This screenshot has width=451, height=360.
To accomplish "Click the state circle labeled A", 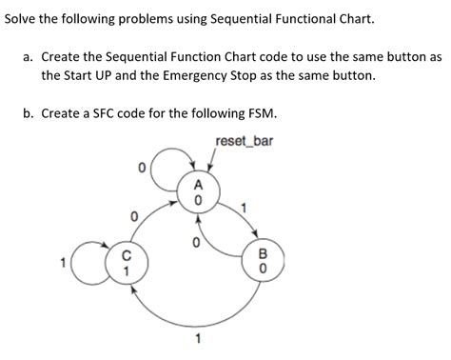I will click(198, 193).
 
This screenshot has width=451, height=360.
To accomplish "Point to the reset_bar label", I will click(245, 141).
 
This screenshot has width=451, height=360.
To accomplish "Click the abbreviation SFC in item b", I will click(119, 113).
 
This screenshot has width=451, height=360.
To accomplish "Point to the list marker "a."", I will click(28, 56).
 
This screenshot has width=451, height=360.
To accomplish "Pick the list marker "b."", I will click(29, 113).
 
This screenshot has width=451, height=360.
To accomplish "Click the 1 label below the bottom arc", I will click(197, 341).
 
